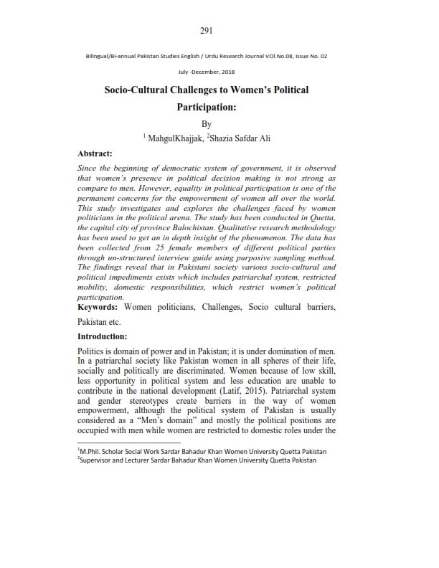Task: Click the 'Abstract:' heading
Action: [x=95, y=153]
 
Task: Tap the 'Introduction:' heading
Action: [x=103, y=336]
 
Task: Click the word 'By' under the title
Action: [x=207, y=123]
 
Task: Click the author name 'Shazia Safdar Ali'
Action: [x=247, y=137]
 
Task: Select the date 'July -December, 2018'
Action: [x=207, y=72]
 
